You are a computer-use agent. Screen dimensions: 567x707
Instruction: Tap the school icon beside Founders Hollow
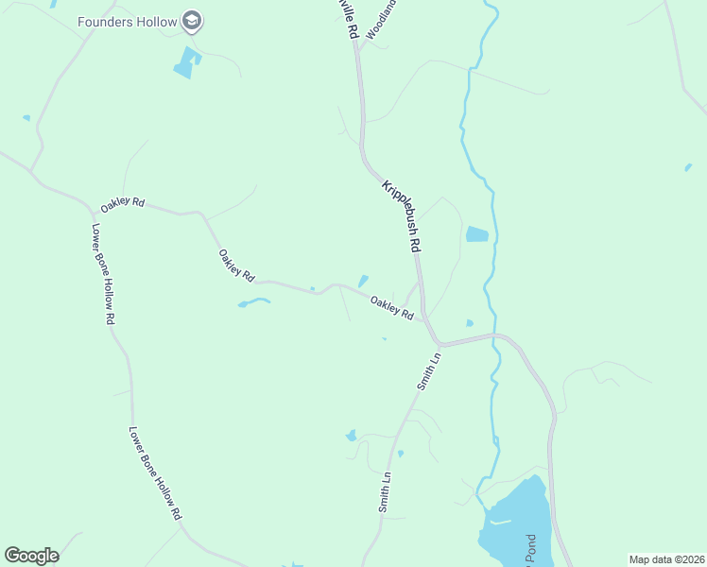click(193, 20)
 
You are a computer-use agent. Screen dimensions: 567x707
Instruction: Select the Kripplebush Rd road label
click(401, 215)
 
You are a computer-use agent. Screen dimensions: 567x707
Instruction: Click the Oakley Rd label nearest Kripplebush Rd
click(392, 307)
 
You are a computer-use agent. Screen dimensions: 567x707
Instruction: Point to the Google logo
click(31, 556)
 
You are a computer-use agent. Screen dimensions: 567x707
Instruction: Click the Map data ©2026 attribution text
click(665, 558)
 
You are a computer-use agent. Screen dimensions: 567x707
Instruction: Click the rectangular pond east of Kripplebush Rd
click(477, 234)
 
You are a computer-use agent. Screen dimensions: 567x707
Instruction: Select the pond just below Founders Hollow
click(186, 62)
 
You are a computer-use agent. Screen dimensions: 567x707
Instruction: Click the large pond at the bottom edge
click(515, 524)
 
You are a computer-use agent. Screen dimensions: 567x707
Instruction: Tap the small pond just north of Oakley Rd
click(363, 281)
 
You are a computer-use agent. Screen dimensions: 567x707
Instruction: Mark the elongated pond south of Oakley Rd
click(253, 302)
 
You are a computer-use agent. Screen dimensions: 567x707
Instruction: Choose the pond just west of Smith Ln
click(352, 436)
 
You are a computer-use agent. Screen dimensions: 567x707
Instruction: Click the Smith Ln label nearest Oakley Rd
click(429, 372)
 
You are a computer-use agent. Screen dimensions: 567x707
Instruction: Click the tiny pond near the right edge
click(688, 167)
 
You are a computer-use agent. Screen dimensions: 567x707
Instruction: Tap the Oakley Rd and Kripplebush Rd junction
click(425, 319)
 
